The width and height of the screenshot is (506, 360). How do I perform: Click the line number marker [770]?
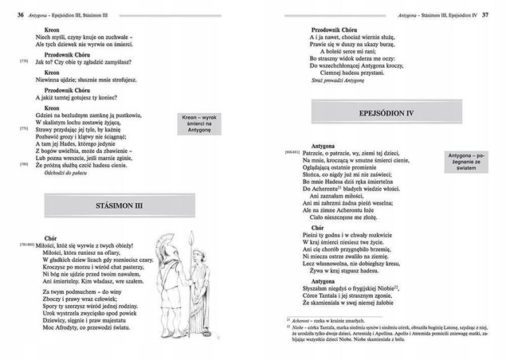25,60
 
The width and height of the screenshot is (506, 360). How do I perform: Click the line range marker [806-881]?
292,151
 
